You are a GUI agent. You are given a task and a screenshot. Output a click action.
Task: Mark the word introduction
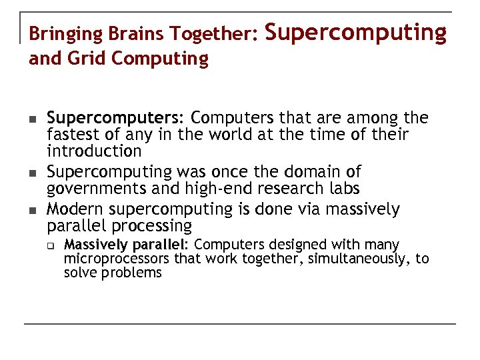click(x=94, y=151)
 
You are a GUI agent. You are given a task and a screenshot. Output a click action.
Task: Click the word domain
click(x=307, y=172)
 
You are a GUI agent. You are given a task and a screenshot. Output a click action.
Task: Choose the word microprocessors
click(x=117, y=259)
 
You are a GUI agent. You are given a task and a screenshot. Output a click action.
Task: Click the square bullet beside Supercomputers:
click(x=32, y=119)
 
